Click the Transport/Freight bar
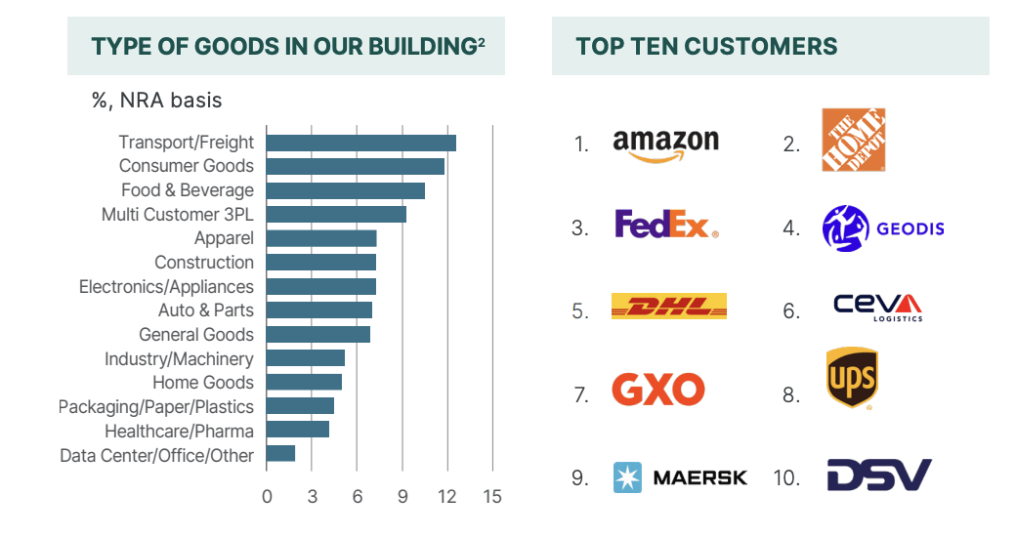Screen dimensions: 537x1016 point(360,143)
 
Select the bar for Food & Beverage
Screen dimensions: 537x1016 point(345,190)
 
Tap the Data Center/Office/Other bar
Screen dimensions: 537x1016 point(280,453)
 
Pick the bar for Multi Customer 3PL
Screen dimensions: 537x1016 point(336,214)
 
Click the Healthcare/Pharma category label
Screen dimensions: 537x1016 point(180,431)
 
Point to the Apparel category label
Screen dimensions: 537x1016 point(224,238)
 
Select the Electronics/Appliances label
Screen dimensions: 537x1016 point(166,286)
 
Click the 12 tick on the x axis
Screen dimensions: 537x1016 point(447,496)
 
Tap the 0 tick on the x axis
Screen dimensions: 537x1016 point(267,496)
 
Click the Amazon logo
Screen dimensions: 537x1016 point(665,144)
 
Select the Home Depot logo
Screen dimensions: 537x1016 point(853,140)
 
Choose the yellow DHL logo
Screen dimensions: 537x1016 point(668,307)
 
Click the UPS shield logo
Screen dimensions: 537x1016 point(851,379)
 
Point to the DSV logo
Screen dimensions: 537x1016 point(879,475)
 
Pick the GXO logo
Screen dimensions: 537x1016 point(657,391)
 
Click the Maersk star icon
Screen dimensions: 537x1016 point(626,477)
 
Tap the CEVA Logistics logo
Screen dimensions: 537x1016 point(877,307)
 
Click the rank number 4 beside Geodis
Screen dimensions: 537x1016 point(791,229)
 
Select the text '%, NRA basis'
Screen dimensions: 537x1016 point(156,100)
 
